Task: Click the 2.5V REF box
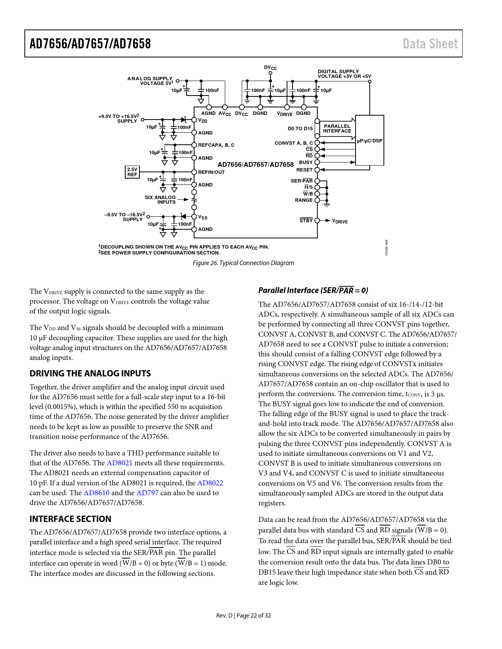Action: (132, 172)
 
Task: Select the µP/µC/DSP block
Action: (369, 140)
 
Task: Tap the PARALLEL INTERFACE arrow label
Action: (337, 129)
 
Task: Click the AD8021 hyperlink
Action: (120, 463)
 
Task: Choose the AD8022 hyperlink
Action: (210, 483)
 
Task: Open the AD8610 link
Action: (96, 493)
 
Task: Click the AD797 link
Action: (147, 493)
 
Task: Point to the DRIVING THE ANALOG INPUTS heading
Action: (90, 373)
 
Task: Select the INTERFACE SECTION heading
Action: (70, 519)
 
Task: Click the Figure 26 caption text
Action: (243, 263)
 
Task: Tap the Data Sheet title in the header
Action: (430, 44)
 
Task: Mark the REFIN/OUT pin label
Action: (211, 172)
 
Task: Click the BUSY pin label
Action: (306, 162)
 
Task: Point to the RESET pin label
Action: (304, 170)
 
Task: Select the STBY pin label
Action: (306, 221)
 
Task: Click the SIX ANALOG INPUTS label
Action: (160, 200)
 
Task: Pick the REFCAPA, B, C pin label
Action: (216, 145)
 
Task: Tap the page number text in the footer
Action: (243, 616)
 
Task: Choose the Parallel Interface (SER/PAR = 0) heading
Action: (313, 290)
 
